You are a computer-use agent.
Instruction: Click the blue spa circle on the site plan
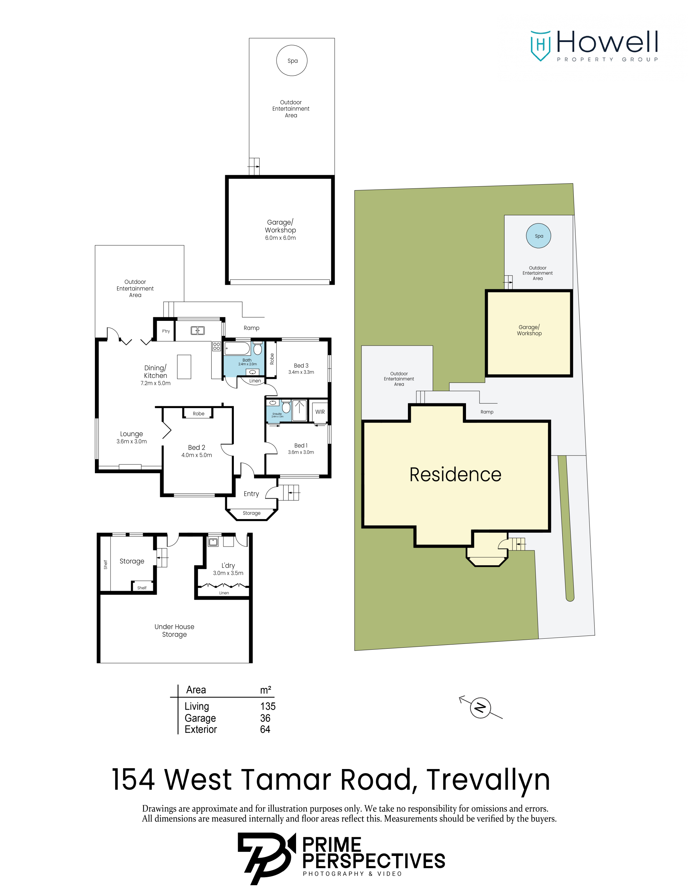click(x=539, y=236)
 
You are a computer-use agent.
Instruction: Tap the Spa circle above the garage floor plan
click(x=292, y=60)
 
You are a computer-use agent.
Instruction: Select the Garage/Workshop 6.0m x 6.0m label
click(x=280, y=230)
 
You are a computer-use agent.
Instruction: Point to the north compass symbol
click(x=480, y=708)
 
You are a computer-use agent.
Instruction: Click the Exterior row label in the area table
click(x=201, y=729)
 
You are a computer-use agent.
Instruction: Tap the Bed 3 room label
click(x=301, y=365)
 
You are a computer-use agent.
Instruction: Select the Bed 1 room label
click(x=301, y=445)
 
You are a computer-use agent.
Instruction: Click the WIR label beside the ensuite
click(x=320, y=412)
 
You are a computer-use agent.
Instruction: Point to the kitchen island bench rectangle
click(x=184, y=367)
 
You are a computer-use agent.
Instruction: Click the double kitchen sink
click(x=198, y=331)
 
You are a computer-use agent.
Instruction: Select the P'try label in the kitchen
click(x=166, y=331)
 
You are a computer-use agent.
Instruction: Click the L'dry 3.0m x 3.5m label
click(x=228, y=569)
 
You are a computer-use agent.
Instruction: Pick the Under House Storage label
click(x=174, y=630)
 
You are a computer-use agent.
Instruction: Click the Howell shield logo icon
click(x=541, y=46)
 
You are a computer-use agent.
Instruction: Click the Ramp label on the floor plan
click(x=251, y=328)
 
